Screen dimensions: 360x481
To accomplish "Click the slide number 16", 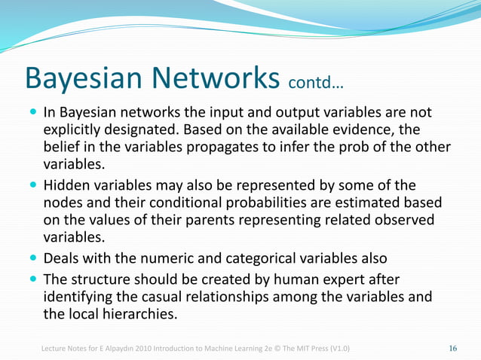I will point(453,348).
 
